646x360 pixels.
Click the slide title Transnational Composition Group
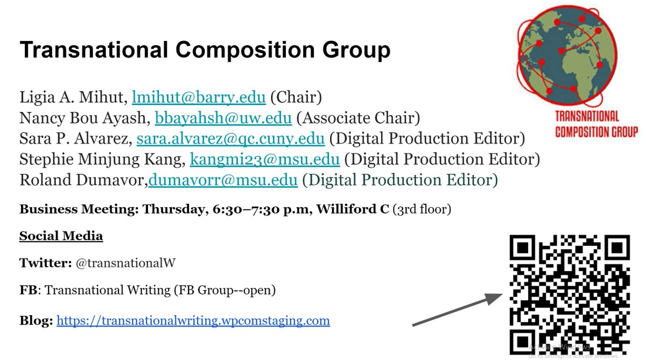pos(205,51)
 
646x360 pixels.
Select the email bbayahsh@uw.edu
pos(223,118)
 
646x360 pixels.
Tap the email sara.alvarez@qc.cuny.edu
pos(230,139)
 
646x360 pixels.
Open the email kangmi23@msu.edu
pos(265,159)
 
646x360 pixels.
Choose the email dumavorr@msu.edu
pos(223,180)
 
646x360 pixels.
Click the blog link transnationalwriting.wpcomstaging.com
pos(193,321)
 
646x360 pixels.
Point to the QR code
pos(570,294)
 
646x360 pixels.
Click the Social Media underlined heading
pos(61,236)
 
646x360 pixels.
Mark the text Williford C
pos(352,209)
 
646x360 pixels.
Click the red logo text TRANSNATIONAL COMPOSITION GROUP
pos(596,123)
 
